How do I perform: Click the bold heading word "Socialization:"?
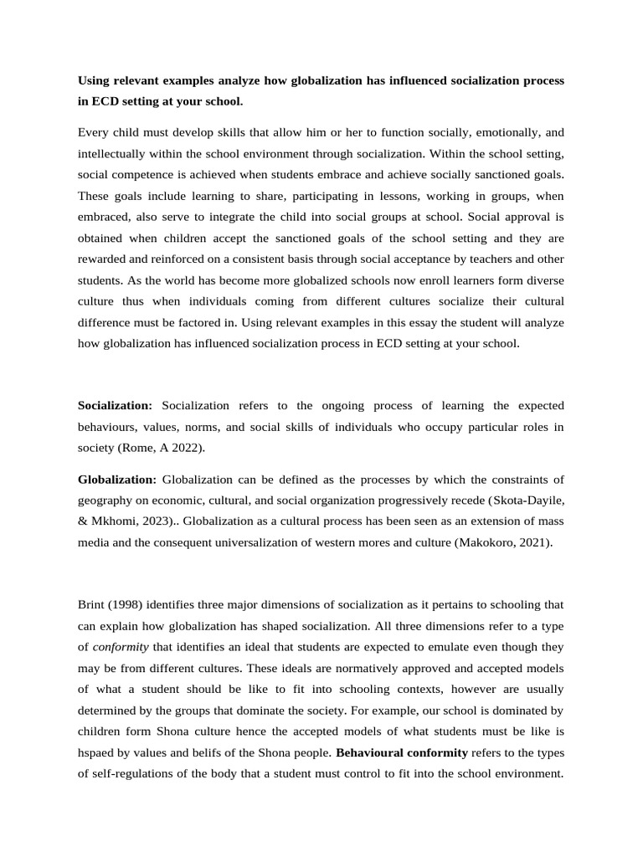click(115, 405)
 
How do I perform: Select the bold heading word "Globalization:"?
click(117, 479)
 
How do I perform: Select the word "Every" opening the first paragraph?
click(93, 131)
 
